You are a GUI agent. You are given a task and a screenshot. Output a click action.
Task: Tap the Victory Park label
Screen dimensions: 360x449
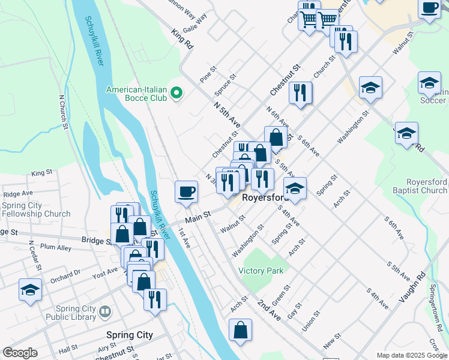(x=261, y=271)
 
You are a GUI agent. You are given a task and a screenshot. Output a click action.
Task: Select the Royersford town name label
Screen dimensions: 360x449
(x=266, y=197)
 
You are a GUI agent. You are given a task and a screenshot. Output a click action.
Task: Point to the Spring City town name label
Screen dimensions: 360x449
(x=129, y=335)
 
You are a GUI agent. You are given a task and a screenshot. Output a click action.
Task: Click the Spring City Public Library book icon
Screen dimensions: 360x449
(x=105, y=312)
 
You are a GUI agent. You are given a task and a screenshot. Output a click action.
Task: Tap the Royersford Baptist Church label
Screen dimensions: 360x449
(x=418, y=186)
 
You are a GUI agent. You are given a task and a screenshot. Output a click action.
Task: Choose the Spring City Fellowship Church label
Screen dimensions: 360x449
(x=36, y=209)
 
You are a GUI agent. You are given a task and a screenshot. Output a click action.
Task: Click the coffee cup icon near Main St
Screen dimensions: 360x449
(x=186, y=191)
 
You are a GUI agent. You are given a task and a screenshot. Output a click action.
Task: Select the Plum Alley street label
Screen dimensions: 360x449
(x=56, y=247)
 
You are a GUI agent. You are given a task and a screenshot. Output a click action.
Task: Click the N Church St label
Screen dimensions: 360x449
(x=62, y=112)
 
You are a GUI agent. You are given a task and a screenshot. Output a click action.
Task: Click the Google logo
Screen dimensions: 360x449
(x=20, y=353)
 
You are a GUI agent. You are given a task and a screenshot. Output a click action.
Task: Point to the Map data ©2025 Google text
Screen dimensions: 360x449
(x=411, y=355)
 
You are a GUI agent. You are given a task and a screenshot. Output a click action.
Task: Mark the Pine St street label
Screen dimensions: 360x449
(x=208, y=76)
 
